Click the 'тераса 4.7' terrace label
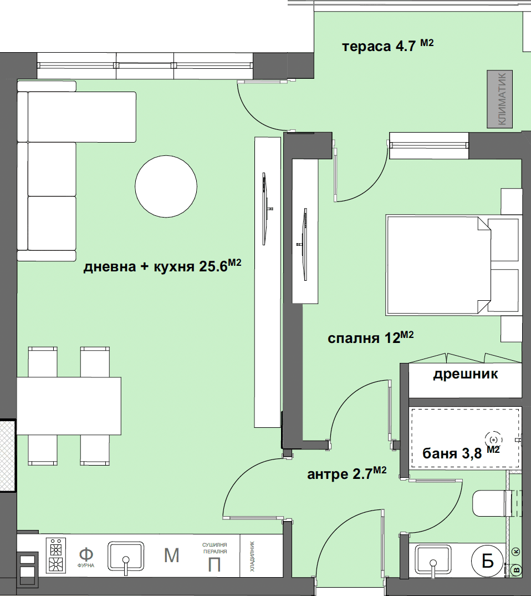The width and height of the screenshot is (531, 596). point(387,46)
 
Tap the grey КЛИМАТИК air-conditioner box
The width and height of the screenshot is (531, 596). point(500,99)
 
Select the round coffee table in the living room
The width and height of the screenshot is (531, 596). point(166,186)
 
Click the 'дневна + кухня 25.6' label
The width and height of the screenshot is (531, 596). point(162,266)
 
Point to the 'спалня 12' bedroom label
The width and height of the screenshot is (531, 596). point(370,337)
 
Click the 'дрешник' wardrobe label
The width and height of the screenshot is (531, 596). point(466,375)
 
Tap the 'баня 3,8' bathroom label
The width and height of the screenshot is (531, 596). point(461,452)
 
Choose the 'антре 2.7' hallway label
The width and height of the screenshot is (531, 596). point(346,473)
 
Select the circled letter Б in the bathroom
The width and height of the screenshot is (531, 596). point(487,561)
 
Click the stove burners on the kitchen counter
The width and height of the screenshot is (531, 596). point(56,555)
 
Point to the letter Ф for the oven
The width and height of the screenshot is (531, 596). point(86,554)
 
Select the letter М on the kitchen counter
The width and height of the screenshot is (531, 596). point(172,555)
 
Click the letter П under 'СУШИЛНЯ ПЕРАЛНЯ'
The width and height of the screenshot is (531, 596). point(215,565)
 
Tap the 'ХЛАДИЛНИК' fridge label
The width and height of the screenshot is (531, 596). point(253,556)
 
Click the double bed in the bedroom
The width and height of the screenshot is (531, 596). point(452,265)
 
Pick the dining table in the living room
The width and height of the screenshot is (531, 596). point(69,406)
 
